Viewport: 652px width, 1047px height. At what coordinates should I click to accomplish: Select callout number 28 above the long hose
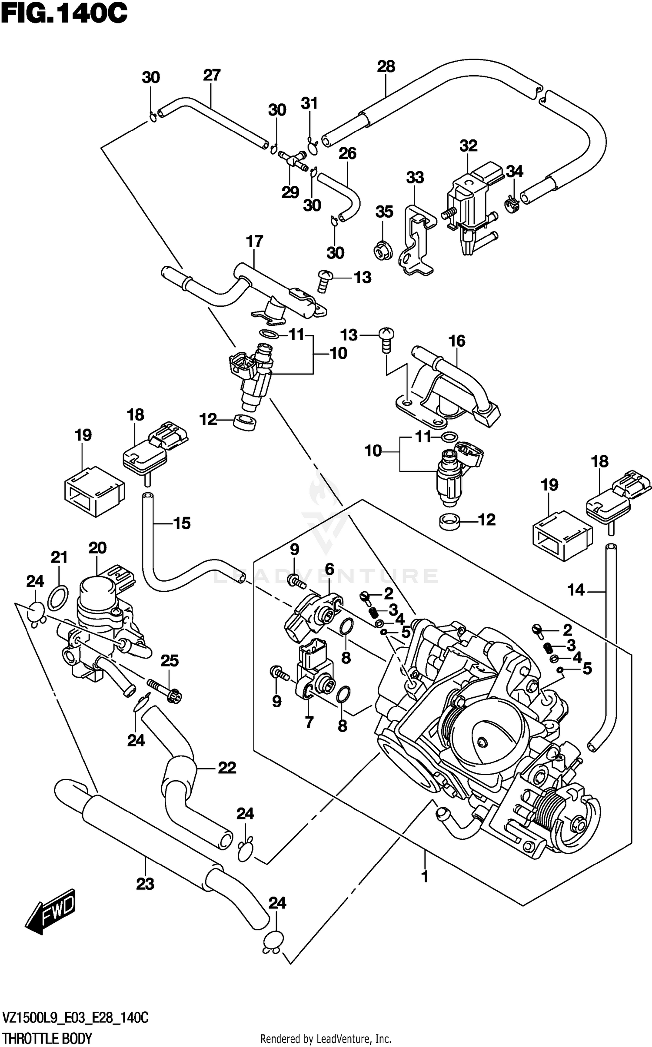click(x=386, y=66)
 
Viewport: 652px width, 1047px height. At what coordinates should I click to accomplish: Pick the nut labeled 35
click(x=383, y=251)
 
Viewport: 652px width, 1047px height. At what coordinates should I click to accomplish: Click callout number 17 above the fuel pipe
click(x=255, y=241)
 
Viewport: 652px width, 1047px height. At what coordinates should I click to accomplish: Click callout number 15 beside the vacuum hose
click(x=182, y=523)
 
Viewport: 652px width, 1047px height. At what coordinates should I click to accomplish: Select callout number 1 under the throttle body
click(x=425, y=877)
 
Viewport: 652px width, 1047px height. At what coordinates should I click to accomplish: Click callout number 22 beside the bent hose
click(x=226, y=768)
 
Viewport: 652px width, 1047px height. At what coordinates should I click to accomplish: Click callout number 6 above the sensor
click(x=329, y=569)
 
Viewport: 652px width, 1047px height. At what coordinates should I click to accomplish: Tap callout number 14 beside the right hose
click(x=576, y=590)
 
